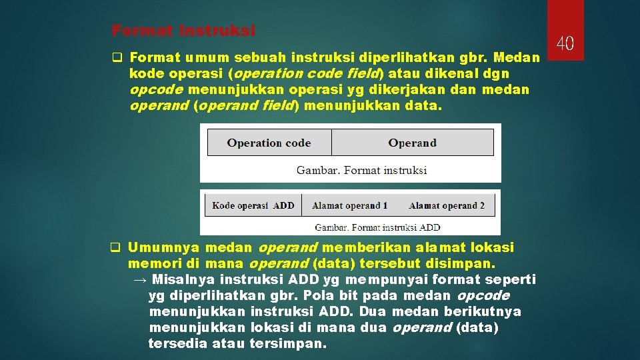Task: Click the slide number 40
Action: click(x=565, y=44)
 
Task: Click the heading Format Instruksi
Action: click(x=183, y=31)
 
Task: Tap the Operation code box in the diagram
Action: click(x=269, y=143)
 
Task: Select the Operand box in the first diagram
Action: click(x=412, y=143)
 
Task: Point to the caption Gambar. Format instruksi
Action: click(x=361, y=170)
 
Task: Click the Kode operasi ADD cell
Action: click(x=253, y=205)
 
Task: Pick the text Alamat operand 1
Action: click(x=349, y=205)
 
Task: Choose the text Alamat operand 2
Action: click(x=447, y=205)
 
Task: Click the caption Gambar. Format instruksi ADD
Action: click(x=377, y=227)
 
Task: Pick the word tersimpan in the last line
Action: click(x=288, y=344)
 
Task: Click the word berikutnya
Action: click(x=482, y=311)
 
